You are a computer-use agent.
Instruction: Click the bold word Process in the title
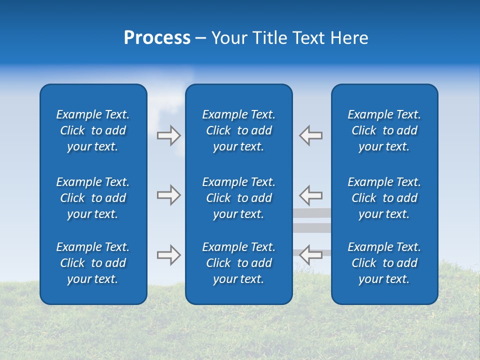click(157, 38)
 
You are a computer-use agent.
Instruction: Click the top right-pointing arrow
click(168, 135)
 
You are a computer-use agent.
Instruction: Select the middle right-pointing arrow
click(168, 195)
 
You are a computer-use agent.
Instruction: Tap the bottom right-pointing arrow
click(168, 255)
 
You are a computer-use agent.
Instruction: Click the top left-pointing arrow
click(311, 135)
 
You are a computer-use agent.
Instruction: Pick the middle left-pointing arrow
click(311, 195)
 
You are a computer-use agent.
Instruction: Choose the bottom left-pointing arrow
click(311, 255)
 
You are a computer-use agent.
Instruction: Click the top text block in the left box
click(93, 130)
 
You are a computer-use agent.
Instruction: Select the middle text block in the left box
click(93, 198)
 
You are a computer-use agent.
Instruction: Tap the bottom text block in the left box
click(93, 263)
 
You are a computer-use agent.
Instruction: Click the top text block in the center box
click(238, 130)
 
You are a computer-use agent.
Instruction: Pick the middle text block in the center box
click(238, 198)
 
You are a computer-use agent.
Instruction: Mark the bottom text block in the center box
click(238, 263)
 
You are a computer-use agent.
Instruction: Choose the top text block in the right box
click(384, 130)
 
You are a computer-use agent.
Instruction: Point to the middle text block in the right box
click(384, 198)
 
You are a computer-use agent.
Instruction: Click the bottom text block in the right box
click(384, 263)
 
